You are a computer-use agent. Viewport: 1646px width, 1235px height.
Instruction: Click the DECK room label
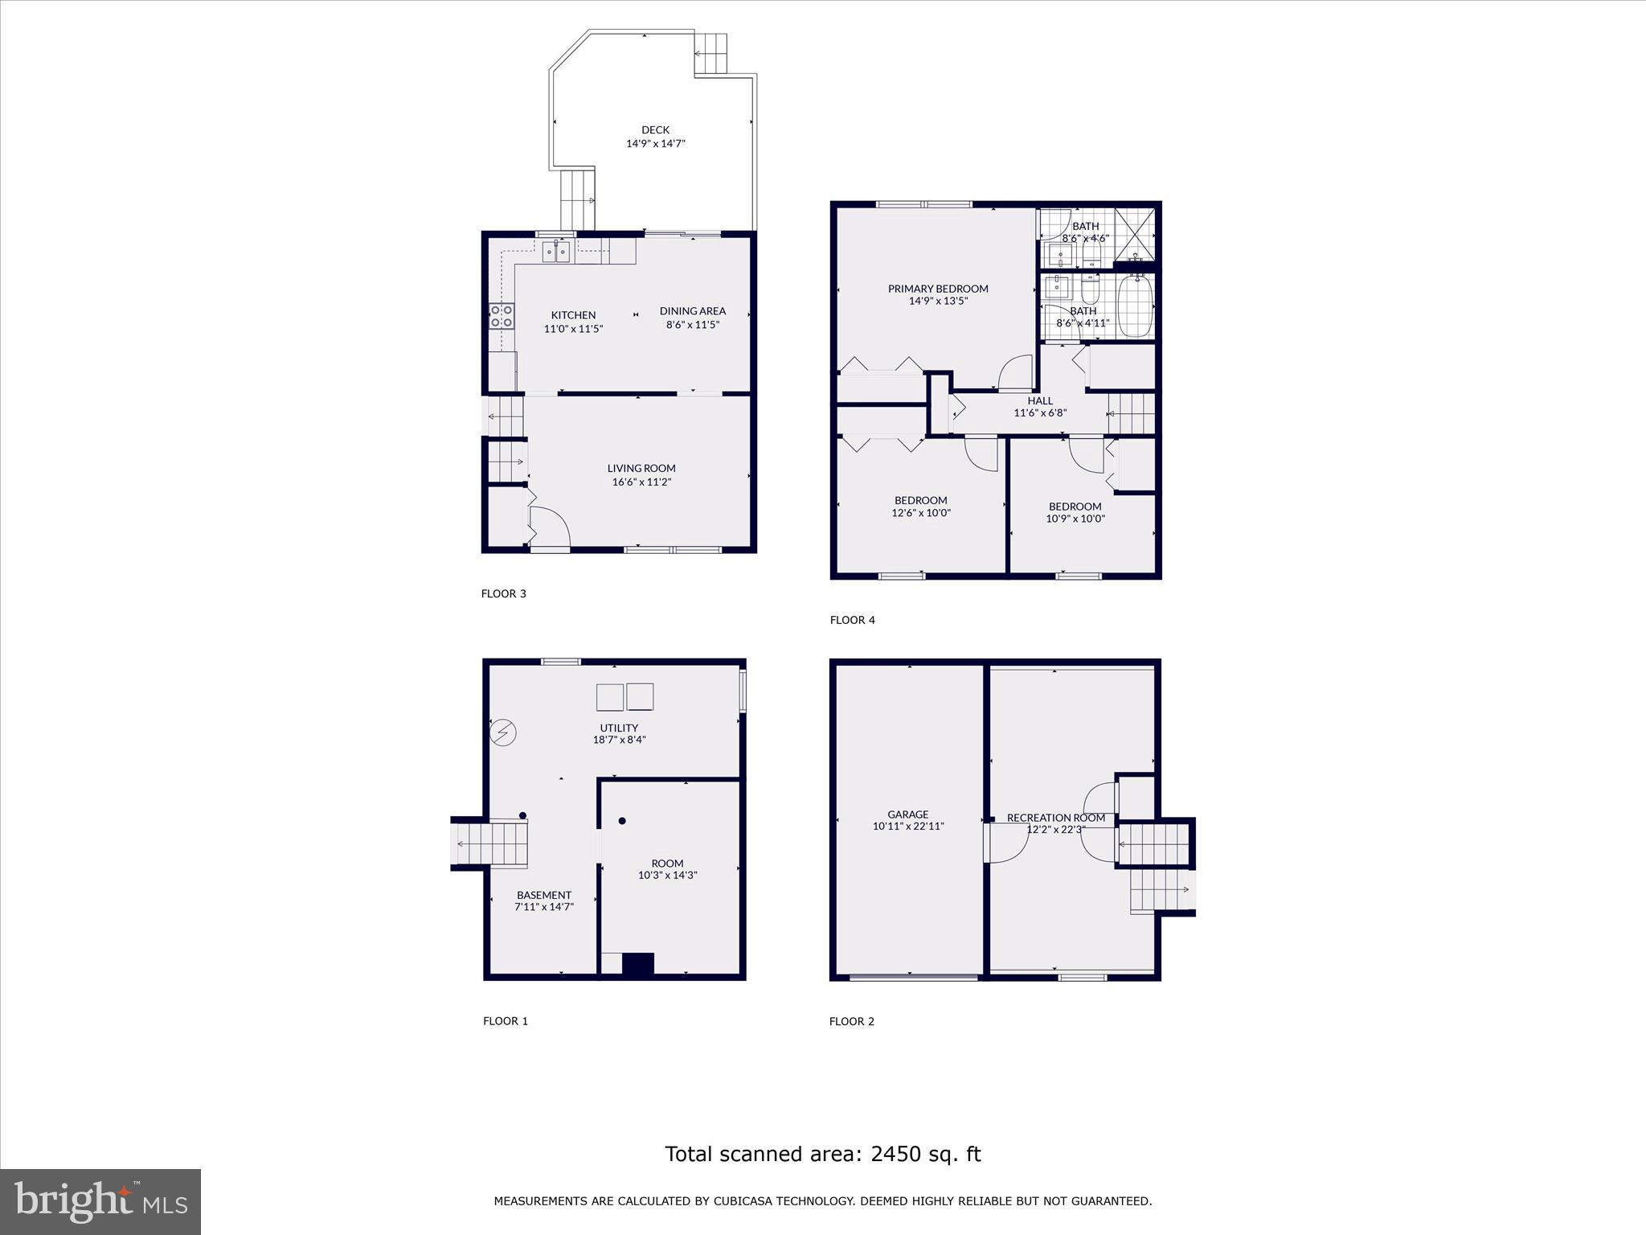pyautogui.click(x=655, y=130)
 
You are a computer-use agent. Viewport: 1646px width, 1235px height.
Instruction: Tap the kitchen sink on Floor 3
pyautogui.click(x=555, y=252)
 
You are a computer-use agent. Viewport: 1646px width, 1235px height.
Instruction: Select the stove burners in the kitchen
pyautogui.click(x=502, y=316)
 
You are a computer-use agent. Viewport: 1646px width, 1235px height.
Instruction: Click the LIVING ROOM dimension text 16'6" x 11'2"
pyautogui.click(x=641, y=482)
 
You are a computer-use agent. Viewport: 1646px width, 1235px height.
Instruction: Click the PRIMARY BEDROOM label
pyautogui.click(x=938, y=289)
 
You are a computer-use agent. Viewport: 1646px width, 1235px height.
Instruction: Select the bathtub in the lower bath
pyautogui.click(x=1135, y=307)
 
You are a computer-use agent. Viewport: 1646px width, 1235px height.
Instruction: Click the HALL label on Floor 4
pyautogui.click(x=1040, y=400)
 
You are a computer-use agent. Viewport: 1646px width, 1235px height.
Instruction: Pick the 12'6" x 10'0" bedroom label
pyautogui.click(x=921, y=507)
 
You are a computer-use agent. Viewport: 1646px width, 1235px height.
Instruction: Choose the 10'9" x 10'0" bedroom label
pyautogui.click(x=1075, y=513)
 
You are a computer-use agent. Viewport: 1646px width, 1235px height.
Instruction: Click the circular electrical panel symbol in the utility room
pyautogui.click(x=502, y=732)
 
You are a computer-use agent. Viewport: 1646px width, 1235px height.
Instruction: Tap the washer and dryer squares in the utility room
pyautogui.click(x=625, y=697)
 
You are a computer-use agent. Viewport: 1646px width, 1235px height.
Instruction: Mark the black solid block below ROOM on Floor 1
pyautogui.click(x=638, y=964)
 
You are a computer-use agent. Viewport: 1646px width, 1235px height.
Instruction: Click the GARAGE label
pyautogui.click(x=908, y=814)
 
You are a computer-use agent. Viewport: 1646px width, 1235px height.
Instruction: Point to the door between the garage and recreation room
pyautogui.click(x=1005, y=844)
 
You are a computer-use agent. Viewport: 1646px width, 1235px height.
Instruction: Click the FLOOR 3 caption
pyautogui.click(x=503, y=594)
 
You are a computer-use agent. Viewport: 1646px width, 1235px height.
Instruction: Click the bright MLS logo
pyautogui.click(x=100, y=1202)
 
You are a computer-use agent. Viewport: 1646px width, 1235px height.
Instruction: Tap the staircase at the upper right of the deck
pyautogui.click(x=710, y=54)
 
